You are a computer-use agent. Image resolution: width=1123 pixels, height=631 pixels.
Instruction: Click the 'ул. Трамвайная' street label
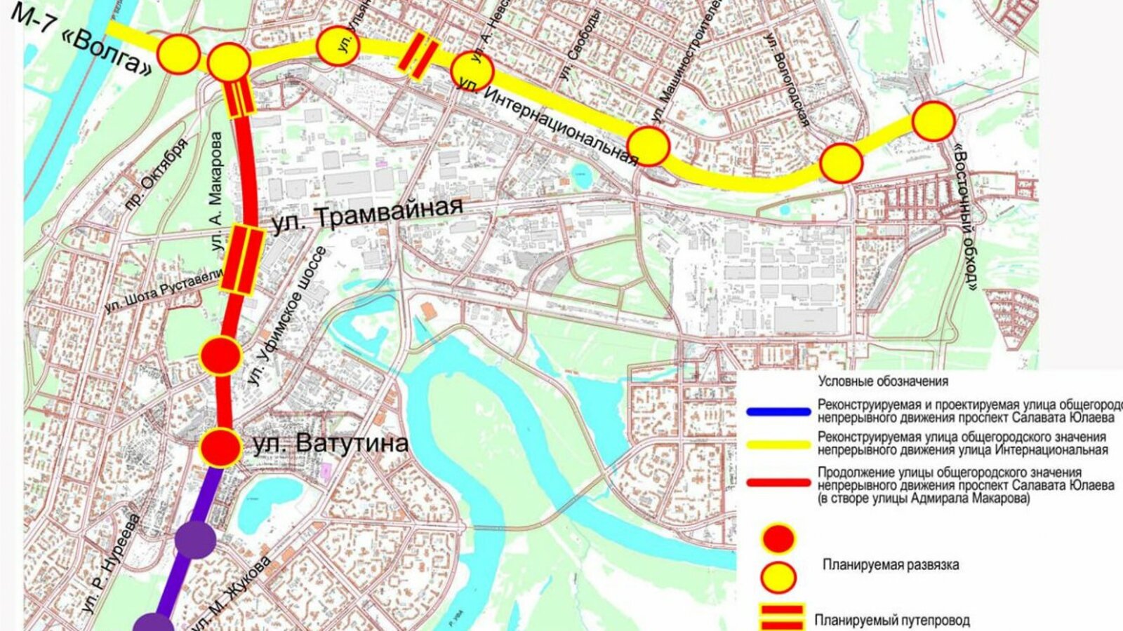pos(367,215)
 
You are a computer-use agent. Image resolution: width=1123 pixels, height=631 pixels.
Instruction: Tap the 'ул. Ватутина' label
pos(331,444)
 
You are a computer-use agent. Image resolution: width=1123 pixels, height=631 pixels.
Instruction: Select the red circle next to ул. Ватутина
pos(220,447)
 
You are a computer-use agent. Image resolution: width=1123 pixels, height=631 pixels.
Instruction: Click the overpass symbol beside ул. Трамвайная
pos(241,259)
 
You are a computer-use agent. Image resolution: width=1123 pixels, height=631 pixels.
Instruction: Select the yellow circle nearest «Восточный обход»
pos(933,121)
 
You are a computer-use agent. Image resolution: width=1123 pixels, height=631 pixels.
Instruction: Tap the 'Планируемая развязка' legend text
pos(891,564)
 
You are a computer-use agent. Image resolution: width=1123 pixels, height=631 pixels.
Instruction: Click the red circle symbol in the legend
pos(778,538)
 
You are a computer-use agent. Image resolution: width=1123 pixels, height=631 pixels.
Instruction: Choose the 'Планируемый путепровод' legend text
pos(891,620)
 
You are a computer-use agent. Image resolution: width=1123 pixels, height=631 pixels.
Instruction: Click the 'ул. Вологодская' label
pos(787,80)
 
